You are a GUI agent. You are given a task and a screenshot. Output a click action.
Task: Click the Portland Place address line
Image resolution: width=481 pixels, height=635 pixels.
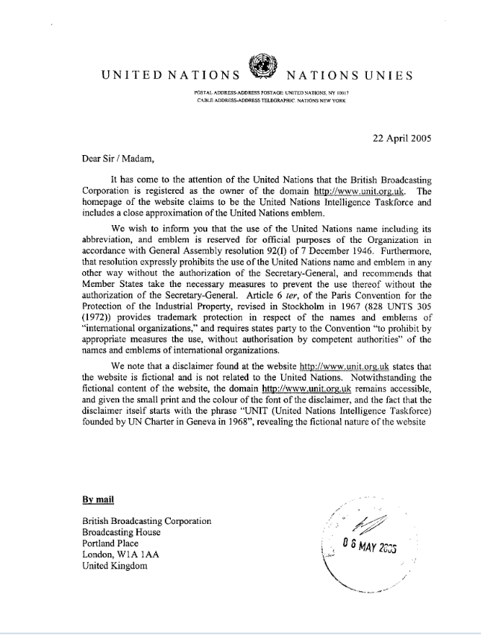(x=113, y=543)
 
